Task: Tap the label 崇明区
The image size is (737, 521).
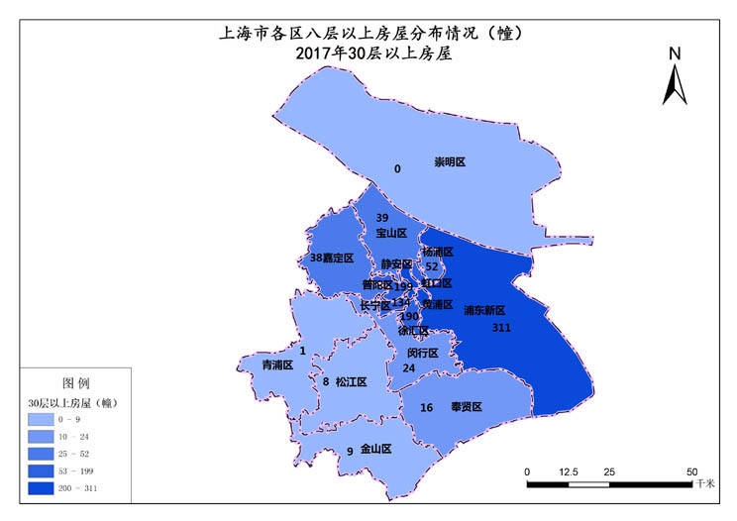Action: click(450, 161)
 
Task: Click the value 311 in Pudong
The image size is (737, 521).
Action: click(500, 327)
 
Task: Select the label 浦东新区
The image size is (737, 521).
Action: click(484, 310)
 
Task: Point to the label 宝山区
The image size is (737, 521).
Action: click(391, 234)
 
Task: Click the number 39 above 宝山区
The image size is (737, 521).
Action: click(382, 217)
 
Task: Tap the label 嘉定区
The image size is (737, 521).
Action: click(339, 258)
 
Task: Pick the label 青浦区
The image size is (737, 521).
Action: click(276, 365)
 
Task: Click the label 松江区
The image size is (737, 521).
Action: click(351, 381)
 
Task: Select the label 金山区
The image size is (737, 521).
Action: click(375, 449)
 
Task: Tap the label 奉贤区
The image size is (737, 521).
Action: click(465, 407)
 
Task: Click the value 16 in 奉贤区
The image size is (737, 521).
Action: click(427, 408)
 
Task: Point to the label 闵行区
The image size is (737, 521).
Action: click(423, 353)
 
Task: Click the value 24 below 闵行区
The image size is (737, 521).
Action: click(408, 367)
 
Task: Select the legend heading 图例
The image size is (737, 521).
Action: click(77, 382)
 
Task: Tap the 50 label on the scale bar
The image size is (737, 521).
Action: click(691, 470)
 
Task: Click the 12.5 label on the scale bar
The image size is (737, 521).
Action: click(568, 470)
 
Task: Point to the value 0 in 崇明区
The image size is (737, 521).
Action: click(397, 169)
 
